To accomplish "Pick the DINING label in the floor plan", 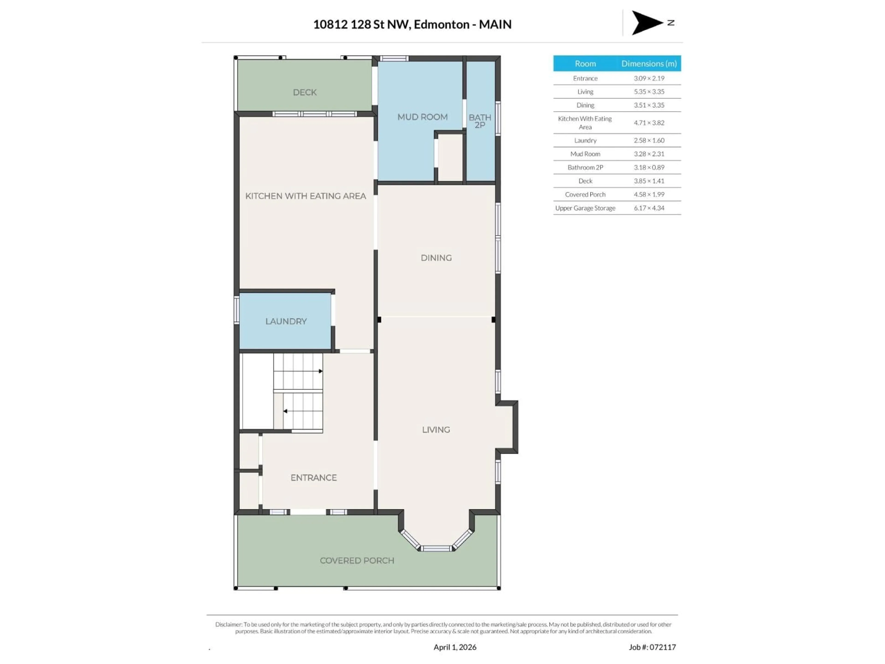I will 436,258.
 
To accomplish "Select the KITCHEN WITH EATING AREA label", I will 305,196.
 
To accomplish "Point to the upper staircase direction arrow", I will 320,371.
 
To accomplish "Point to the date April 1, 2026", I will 455,647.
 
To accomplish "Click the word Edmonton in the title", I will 441,24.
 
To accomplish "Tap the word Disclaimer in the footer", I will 228,624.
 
